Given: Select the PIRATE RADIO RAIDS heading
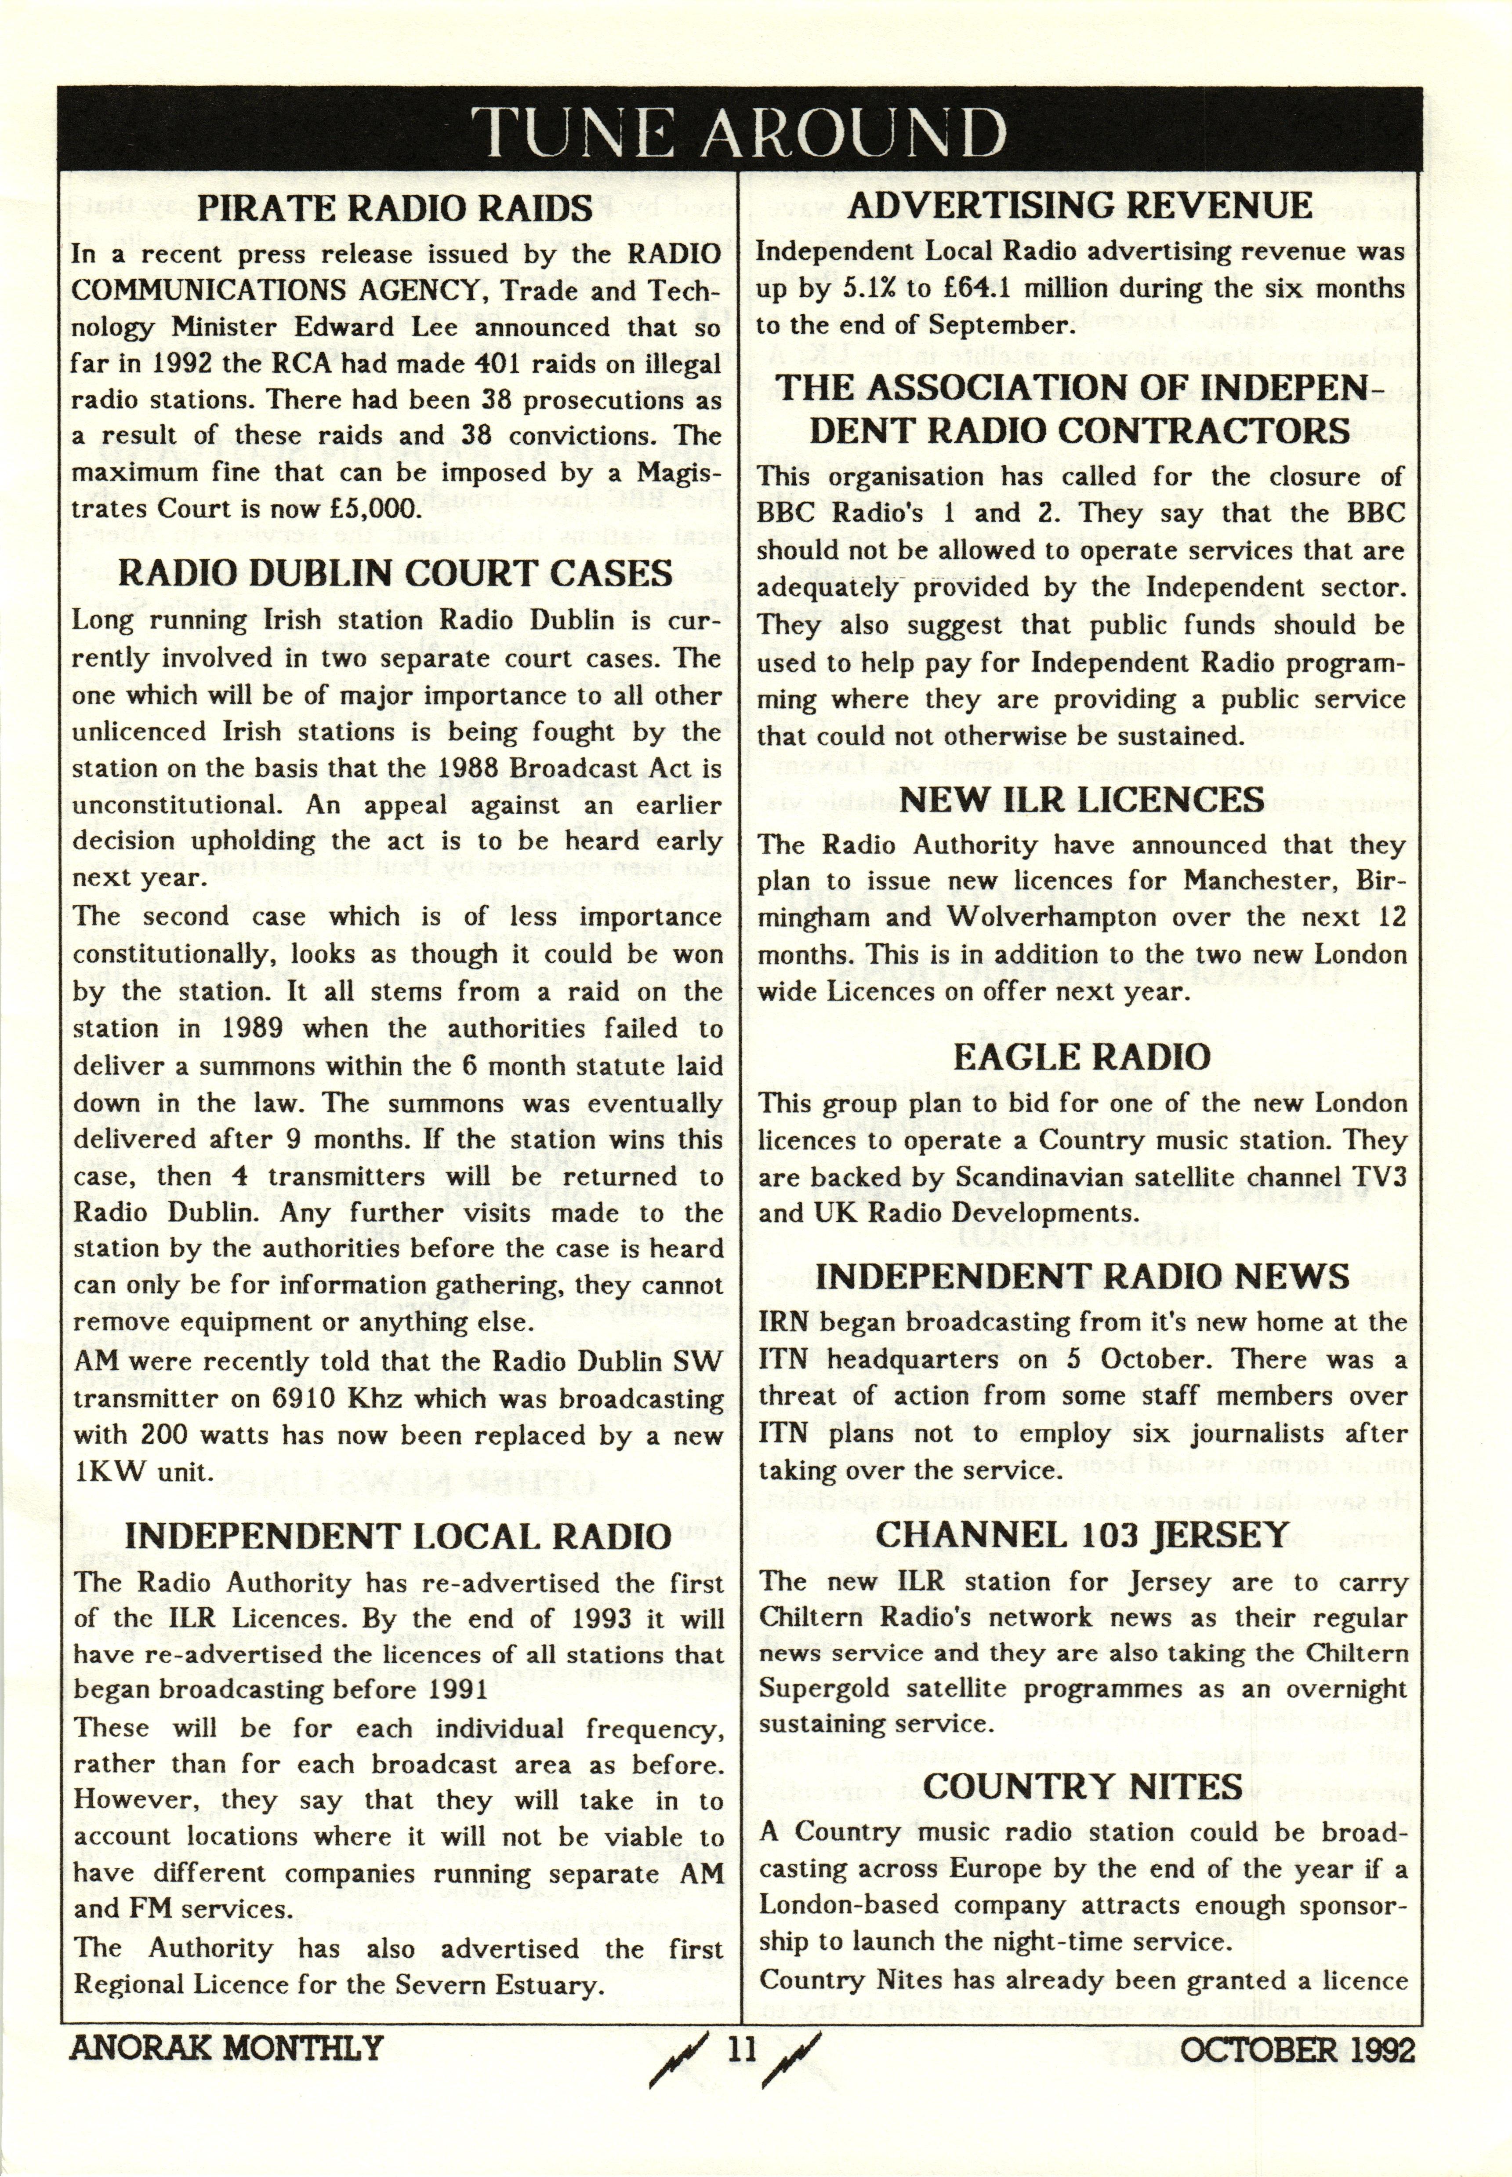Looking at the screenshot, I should (x=395, y=208).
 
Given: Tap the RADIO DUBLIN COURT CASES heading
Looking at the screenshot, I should (x=395, y=573).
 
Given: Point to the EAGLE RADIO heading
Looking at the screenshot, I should (x=1081, y=1057).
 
